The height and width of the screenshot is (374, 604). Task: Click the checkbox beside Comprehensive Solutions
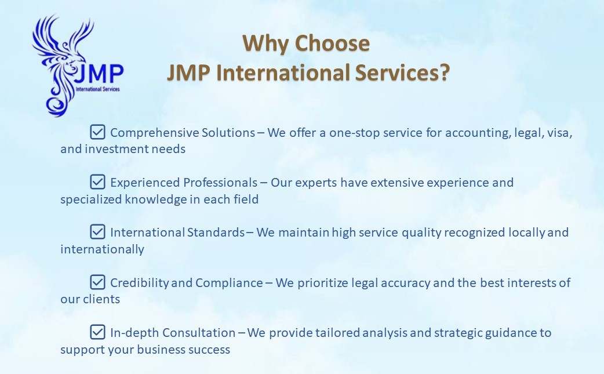pos(97,132)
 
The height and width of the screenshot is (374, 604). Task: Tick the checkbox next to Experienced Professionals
pos(97,182)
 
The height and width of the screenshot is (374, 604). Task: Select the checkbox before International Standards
pos(97,232)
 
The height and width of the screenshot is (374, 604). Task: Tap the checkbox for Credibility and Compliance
pos(97,282)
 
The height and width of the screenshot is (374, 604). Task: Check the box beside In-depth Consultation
pos(97,332)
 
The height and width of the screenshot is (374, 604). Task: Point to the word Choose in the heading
pos(332,43)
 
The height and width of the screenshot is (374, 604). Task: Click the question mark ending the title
pos(445,72)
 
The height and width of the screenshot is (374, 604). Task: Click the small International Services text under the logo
pos(98,89)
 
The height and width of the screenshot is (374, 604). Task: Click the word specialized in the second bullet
pos(91,199)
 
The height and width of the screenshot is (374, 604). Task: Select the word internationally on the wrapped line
pos(102,249)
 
